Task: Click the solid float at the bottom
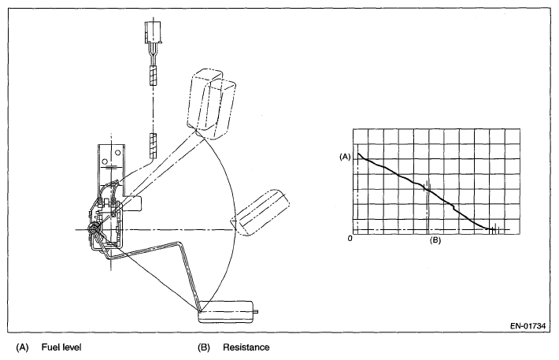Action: pos(226,312)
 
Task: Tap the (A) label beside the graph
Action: pos(344,157)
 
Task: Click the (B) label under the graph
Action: pos(435,241)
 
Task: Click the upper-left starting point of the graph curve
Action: pos(359,154)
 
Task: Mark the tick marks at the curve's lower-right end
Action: pos(494,230)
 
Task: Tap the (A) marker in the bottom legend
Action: pos(21,347)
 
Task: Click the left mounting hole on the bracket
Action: pos(105,154)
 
